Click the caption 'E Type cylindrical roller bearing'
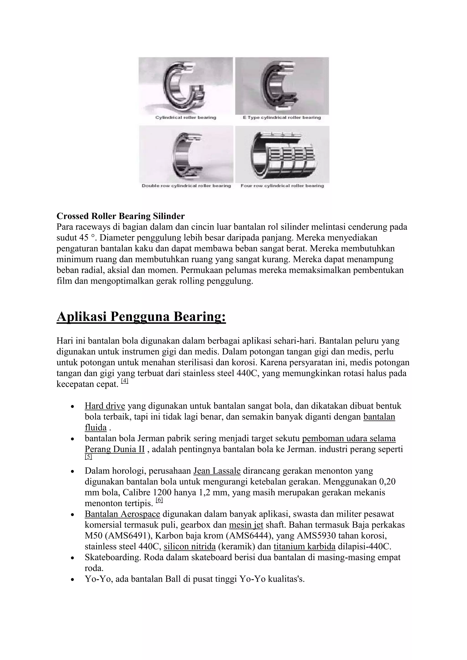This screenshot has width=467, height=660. (282, 118)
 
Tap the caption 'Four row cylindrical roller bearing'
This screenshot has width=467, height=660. (282, 186)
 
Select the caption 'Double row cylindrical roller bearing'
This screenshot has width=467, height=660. (186, 186)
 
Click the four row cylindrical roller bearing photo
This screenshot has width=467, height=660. (282, 154)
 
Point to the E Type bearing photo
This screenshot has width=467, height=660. (282, 86)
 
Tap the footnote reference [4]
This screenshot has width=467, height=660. (125, 381)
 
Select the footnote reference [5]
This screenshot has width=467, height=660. (88, 457)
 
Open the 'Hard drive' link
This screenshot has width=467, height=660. (105, 406)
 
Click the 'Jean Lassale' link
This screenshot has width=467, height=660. (217, 471)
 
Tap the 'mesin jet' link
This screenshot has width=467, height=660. (246, 525)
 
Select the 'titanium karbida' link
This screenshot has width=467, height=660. (304, 547)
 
